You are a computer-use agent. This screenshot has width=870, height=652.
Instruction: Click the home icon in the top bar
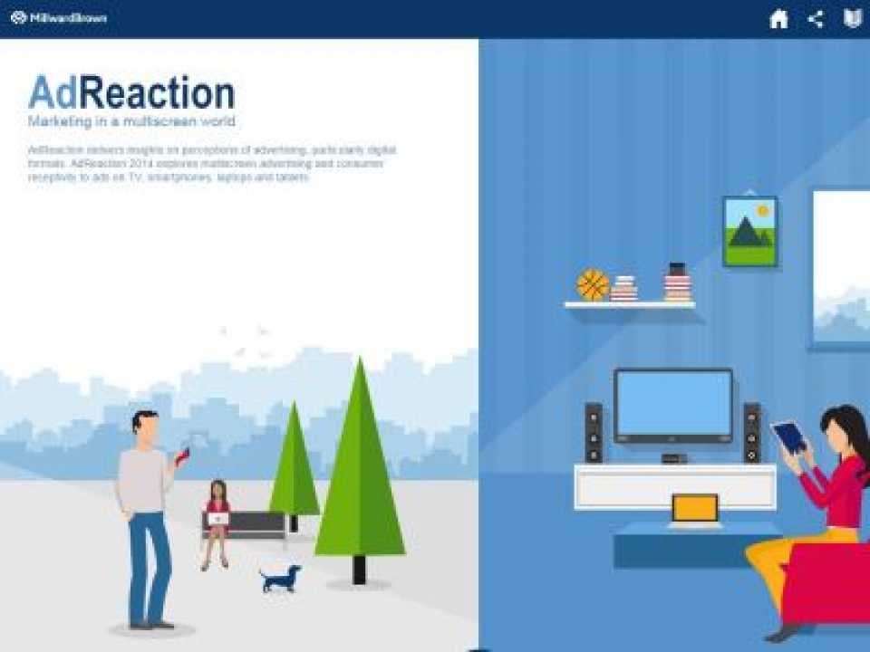click(778, 19)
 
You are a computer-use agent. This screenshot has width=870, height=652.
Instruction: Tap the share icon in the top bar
click(816, 19)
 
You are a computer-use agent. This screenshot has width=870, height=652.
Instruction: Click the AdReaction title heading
click(131, 93)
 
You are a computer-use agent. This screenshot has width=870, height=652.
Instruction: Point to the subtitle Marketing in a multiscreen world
click(131, 121)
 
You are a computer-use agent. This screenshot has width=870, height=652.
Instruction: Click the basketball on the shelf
click(593, 285)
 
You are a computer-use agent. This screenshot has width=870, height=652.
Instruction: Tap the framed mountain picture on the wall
click(749, 231)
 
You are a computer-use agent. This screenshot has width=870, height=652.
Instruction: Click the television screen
click(672, 405)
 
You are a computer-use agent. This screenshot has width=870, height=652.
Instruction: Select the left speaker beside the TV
click(593, 433)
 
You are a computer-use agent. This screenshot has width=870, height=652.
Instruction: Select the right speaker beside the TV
click(751, 433)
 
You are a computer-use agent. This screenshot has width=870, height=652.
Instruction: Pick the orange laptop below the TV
click(694, 510)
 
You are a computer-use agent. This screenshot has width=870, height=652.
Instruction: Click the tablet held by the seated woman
click(788, 436)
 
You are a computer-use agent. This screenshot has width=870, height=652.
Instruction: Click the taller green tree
click(360, 471)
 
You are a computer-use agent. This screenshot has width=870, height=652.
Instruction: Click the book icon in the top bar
click(852, 19)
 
